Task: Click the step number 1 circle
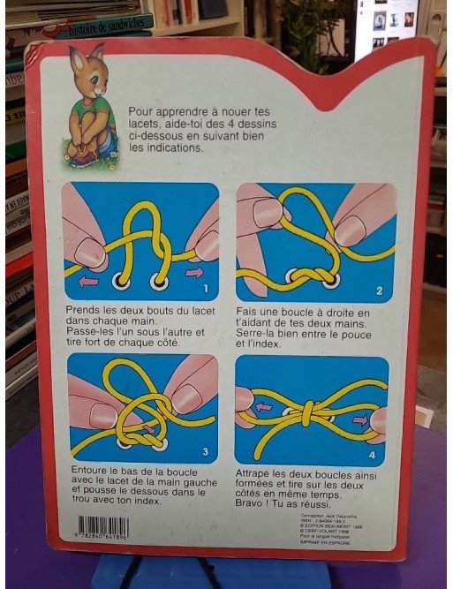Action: [x=206, y=288]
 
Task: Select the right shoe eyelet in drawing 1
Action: [x=159, y=283]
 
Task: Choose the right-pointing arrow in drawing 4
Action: [x=359, y=420]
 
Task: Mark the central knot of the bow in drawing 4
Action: [x=308, y=413]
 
